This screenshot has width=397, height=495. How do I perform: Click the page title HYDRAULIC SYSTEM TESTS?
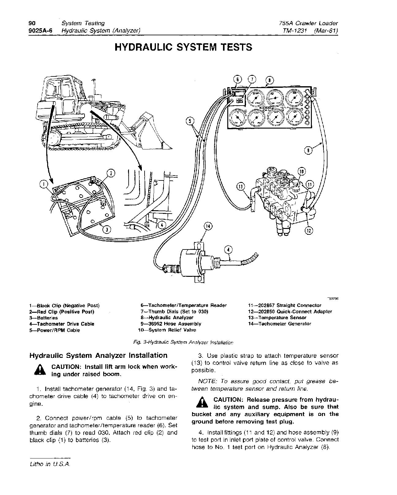click(x=183, y=47)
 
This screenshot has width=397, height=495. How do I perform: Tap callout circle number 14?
click(x=208, y=226)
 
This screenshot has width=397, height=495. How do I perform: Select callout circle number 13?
click(x=241, y=186)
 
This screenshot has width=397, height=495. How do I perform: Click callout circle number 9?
click(x=308, y=150)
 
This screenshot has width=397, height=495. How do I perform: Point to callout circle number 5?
click(x=190, y=121)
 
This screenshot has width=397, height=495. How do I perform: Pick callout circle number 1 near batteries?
click(x=44, y=184)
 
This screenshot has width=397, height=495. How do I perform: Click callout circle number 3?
click(x=105, y=229)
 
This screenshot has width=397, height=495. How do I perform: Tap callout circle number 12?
click(x=308, y=229)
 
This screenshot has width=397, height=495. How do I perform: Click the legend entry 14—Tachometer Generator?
click(x=280, y=324)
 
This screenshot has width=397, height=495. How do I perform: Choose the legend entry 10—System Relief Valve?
click(x=167, y=330)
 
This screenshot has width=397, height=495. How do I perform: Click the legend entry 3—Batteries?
click(x=43, y=318)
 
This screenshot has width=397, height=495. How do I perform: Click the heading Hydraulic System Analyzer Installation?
click(x=98, y=355)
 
